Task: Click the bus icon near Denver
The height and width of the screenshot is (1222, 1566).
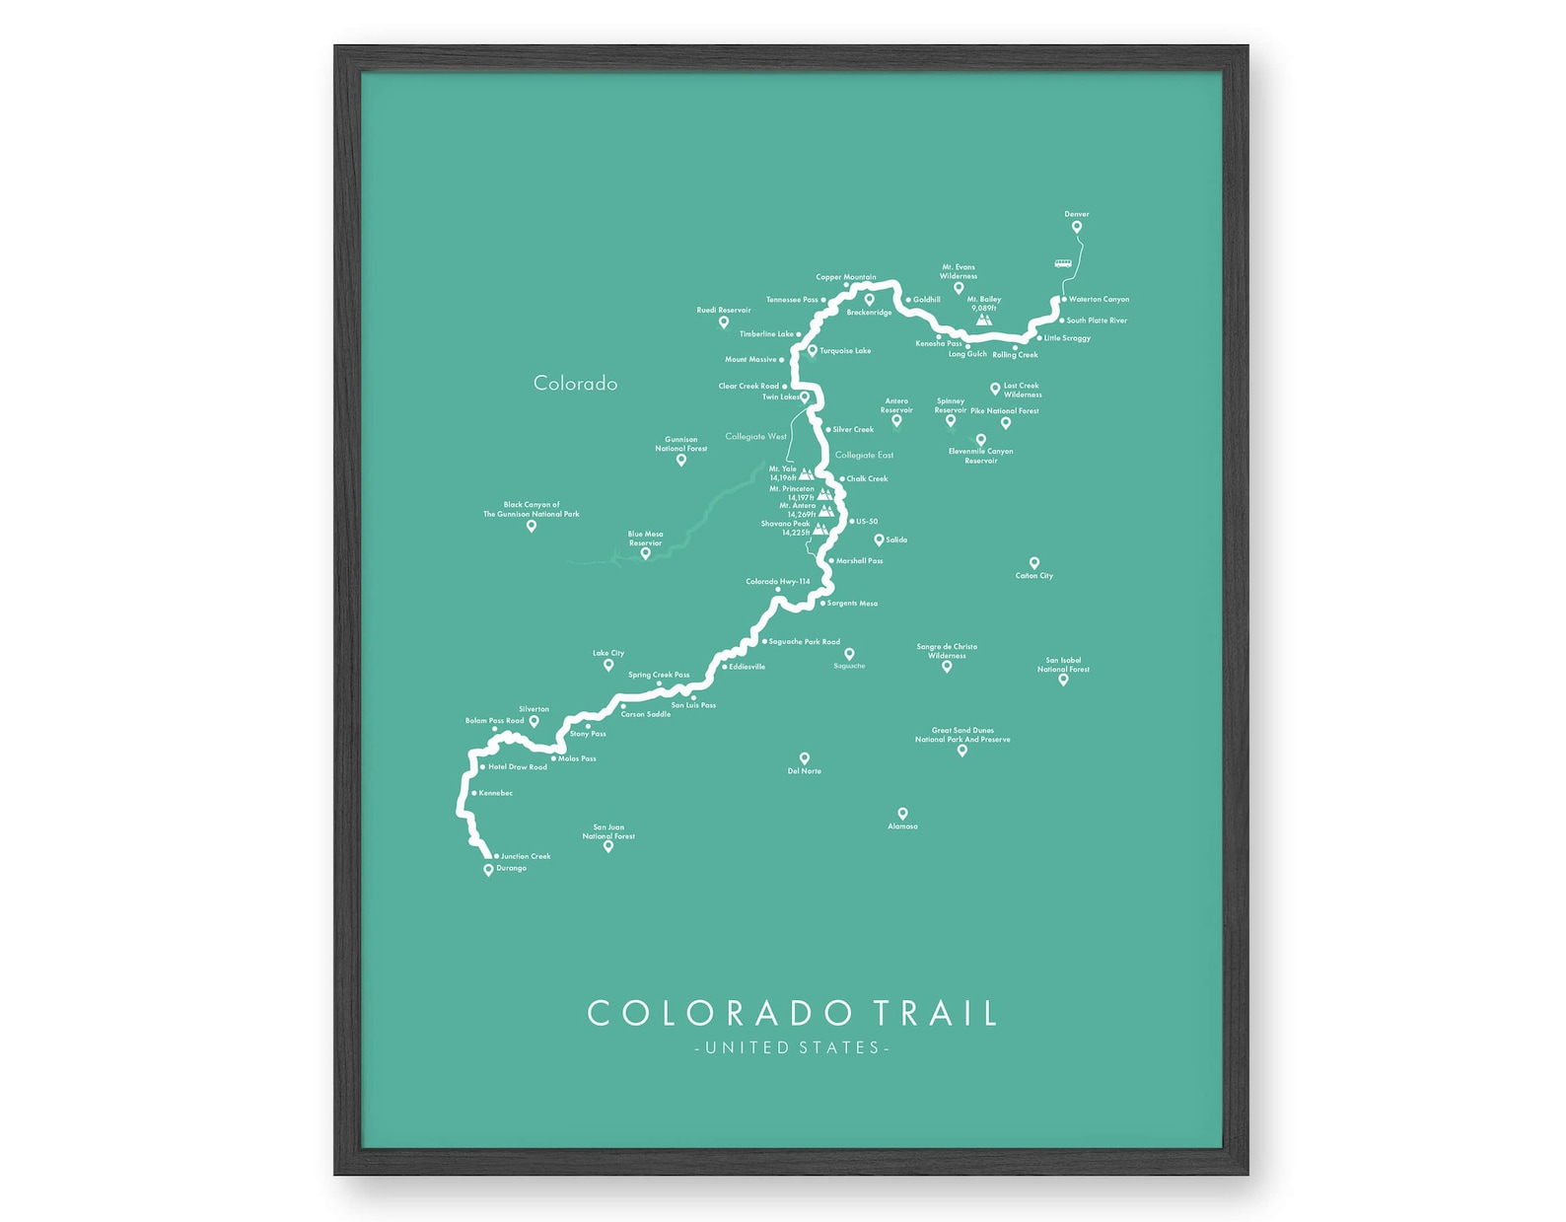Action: click(x=1062, y=263)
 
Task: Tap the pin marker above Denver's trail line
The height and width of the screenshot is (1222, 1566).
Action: click(x=1077, y=227)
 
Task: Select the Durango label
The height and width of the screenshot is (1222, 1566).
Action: click(x=511, y=868)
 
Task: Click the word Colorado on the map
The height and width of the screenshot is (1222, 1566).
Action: click(x=575, y=384)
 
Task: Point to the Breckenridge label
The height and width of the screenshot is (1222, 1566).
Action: click(x=869, y=313)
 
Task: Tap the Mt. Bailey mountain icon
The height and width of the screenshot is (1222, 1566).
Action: click(x=983, y=320)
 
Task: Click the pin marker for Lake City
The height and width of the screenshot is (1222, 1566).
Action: click(x=608, y=666)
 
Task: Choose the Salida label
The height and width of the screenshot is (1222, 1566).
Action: click(x=896, y=539)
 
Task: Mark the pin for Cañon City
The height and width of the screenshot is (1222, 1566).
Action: click(x=1034, y=563)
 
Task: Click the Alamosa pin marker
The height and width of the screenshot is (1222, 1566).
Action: click(x=902, y=814)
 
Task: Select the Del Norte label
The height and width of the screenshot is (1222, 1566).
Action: click(x=805, y=771)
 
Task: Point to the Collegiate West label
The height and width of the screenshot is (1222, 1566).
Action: click(x=755, y=436)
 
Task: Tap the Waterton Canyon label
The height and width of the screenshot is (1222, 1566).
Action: click(x=1099, y=299)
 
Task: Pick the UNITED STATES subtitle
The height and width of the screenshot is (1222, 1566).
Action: click(x=792, y=1047)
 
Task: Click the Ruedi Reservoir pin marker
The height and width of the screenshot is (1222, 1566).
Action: click(x=723, y=322)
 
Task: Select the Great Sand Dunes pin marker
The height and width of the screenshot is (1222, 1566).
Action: click(x=962, y=751)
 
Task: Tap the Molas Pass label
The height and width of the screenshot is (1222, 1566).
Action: click(x=577, y=758)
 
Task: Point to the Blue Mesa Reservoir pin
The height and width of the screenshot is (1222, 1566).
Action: click(x=646, y=553)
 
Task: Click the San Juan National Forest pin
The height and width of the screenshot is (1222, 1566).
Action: click(x=608, y=846)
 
